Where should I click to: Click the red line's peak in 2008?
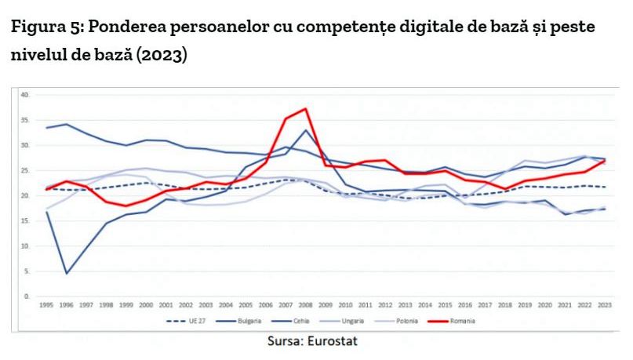(x=304, y=108)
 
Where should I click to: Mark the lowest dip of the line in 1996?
(x=67, y=274)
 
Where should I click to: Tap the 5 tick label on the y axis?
(x=26, y=271)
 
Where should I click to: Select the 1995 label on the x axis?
(x=47, y=305)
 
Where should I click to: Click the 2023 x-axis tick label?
(x=605, y=305)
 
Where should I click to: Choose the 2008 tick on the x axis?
(x=305, y=305)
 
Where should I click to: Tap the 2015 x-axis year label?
(x=445, y=305)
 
